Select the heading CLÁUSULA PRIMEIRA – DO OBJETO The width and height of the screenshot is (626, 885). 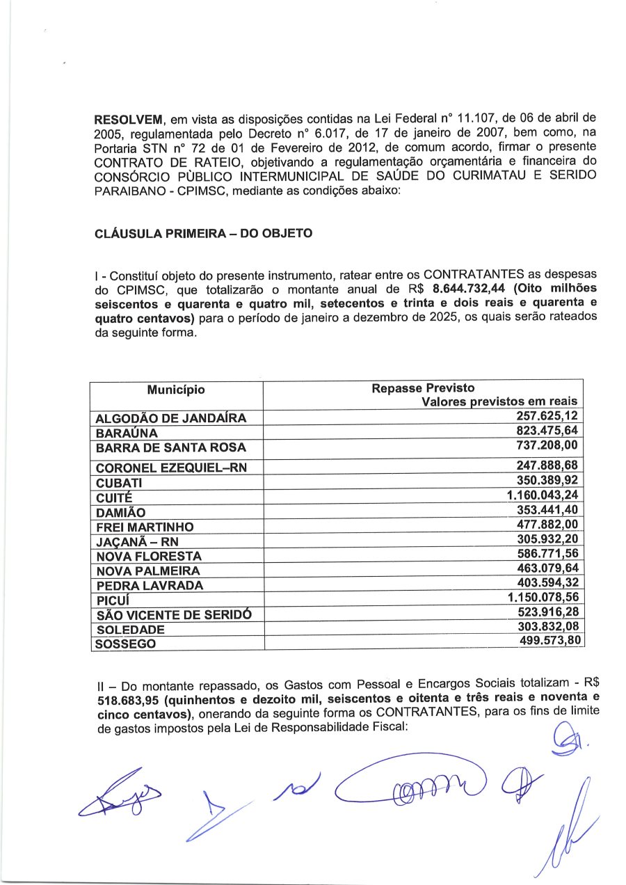[x=203, y=234]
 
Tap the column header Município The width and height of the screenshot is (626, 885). [x=176, y=390]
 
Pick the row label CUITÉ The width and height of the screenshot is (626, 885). [x=110, y=497]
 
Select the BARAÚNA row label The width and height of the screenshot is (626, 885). [x=127, y=433]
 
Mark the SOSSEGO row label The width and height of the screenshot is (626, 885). [x=125, y=644]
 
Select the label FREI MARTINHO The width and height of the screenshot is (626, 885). [x=145, y=527]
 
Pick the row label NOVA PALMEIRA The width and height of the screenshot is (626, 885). [x=148, y=571]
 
